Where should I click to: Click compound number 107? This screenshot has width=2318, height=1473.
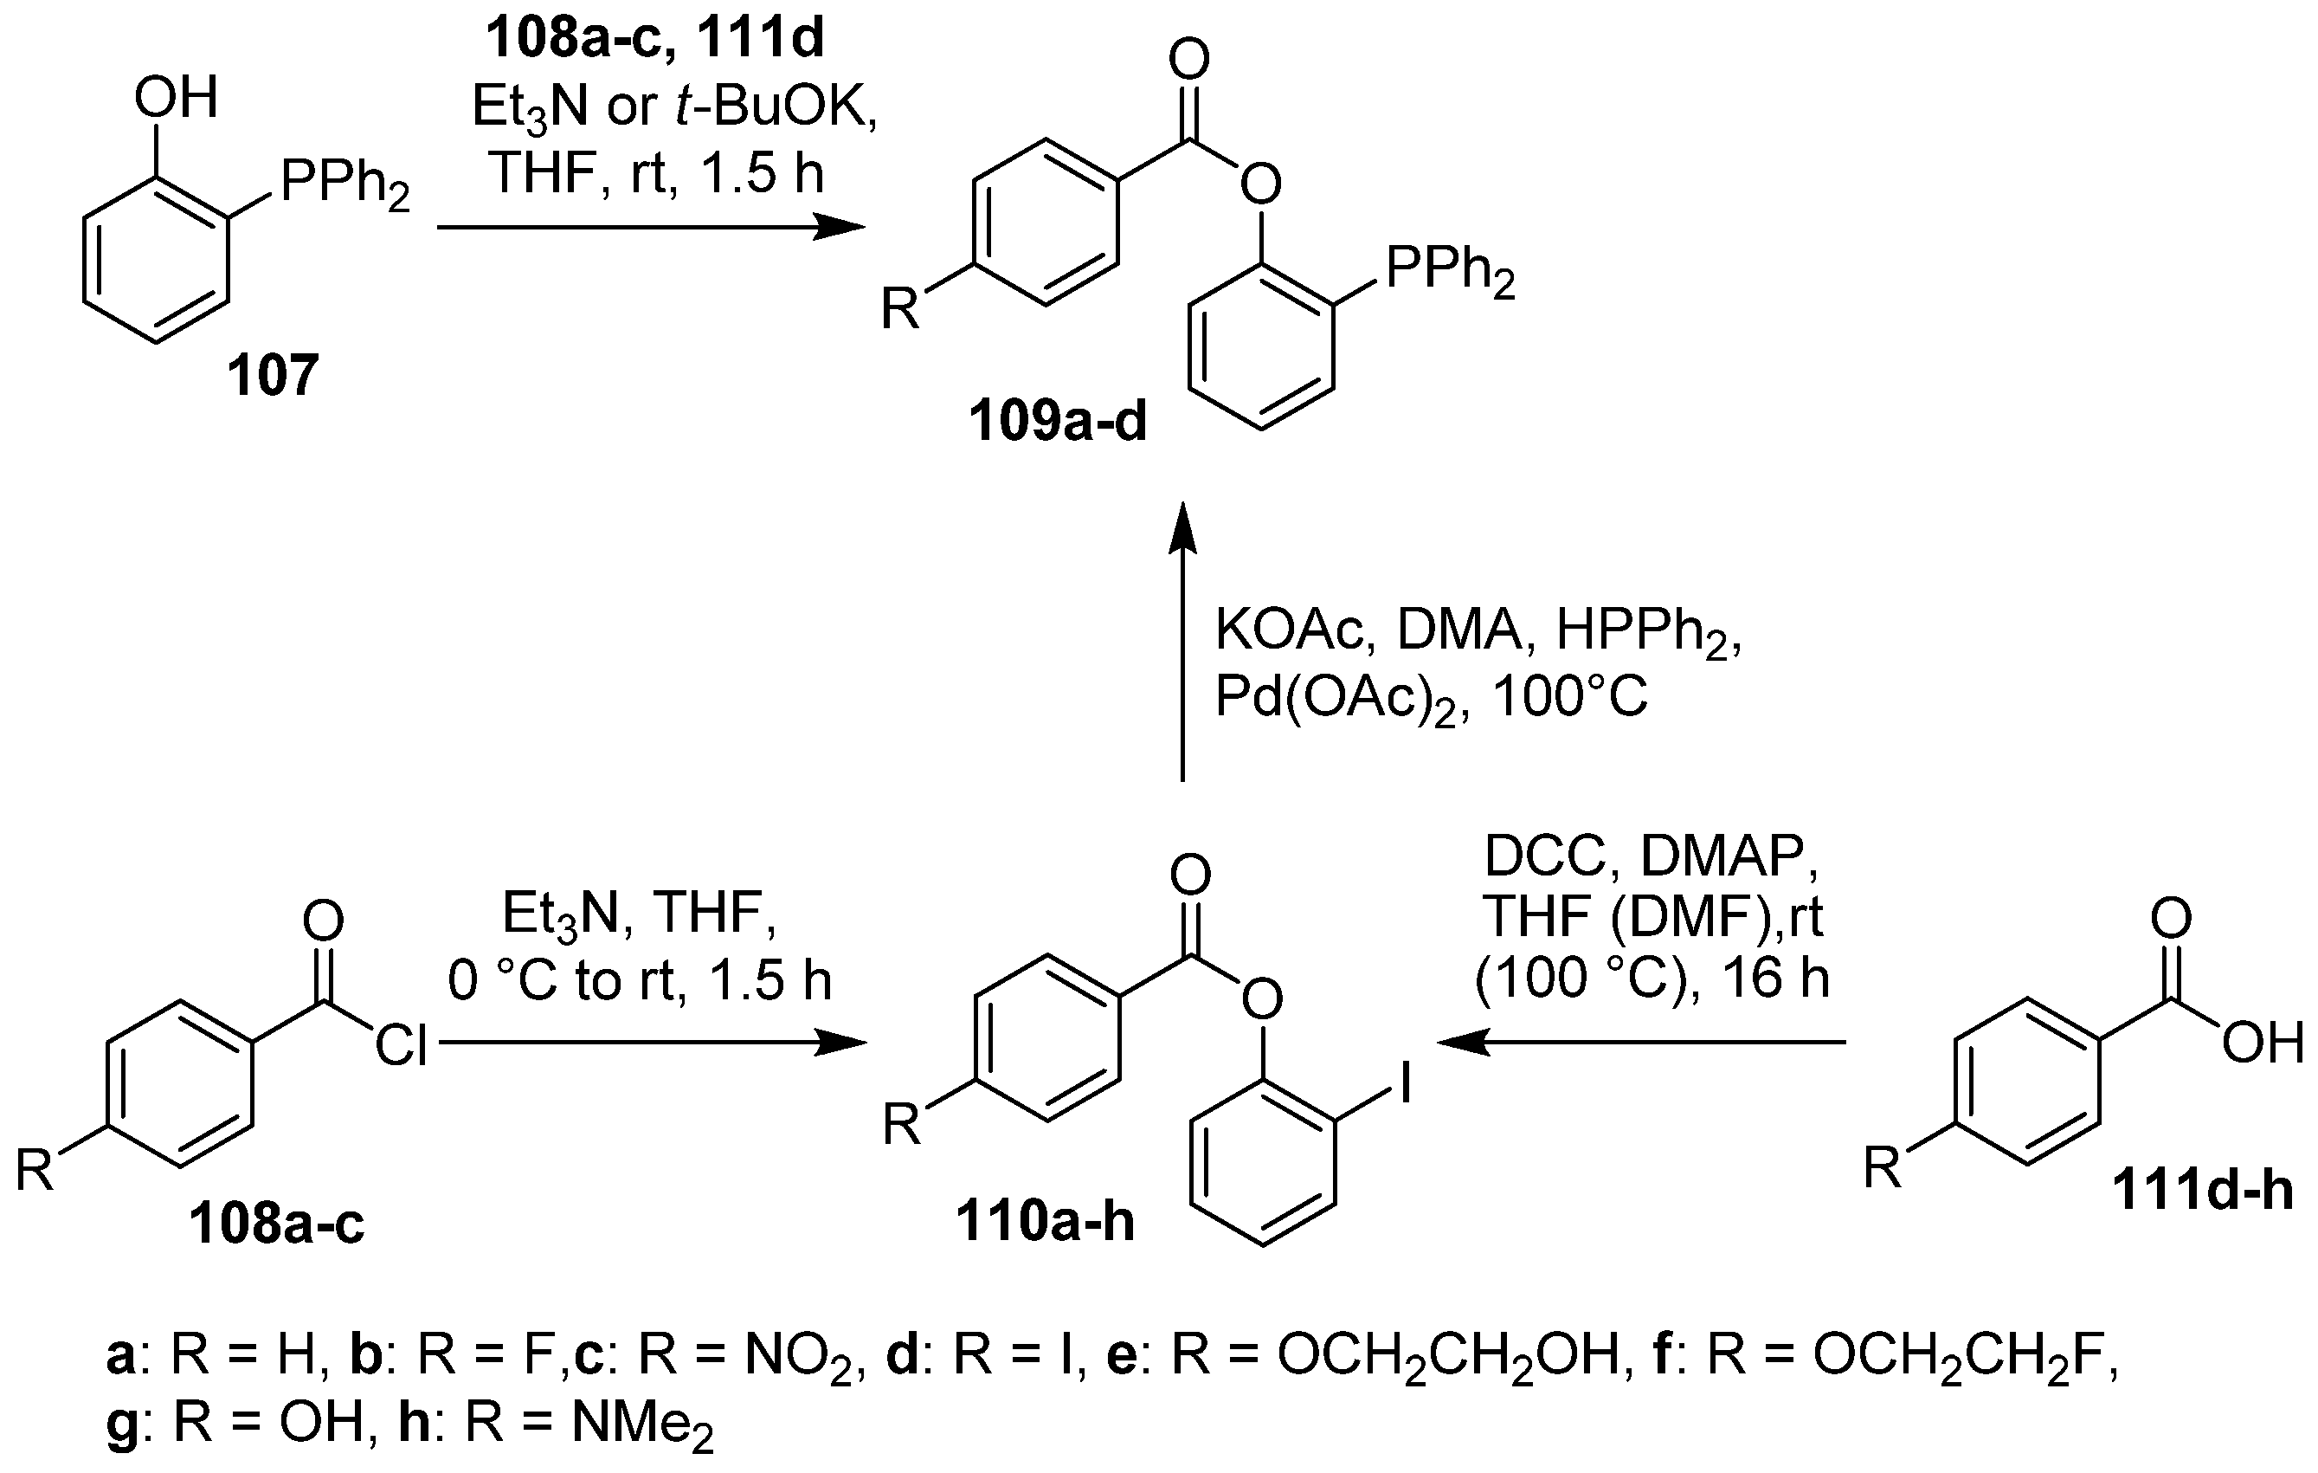[273, 376]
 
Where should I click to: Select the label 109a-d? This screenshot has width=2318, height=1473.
[1058, 422]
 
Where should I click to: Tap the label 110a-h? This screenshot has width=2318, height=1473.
[1045, 1222]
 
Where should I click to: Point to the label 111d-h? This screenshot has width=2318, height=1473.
[2203, 1191]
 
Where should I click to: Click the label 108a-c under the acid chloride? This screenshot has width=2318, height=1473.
[276, 1224]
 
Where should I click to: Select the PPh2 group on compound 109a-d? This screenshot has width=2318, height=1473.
[1450, 269]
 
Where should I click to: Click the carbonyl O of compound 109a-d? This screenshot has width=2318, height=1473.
[1188, 60]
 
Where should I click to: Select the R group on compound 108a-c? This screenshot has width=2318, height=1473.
[35, 1172]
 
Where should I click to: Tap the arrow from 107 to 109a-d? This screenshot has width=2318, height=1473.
[650, 228]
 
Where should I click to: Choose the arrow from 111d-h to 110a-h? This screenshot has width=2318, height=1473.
[1641, 1042]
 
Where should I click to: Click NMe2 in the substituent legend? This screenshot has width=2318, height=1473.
[642, 1423]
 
